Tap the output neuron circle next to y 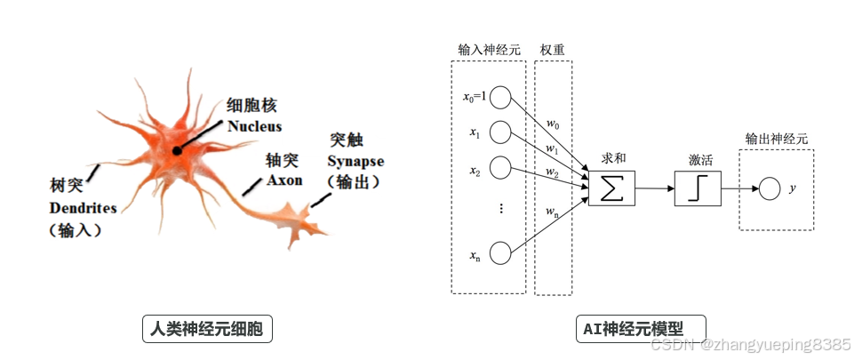tap(770, 188)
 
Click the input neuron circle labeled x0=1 tap(500, 97)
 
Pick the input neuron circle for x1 tap(500, 132)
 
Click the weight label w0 tap(552, 123)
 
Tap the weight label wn tap(552, 211)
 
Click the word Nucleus tap(254, 127)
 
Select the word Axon tap(284, 180)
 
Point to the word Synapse tap(355, 162)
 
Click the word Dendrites tap(83, 208)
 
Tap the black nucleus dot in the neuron tap(178, 151)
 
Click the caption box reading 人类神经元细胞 tap(207, 330)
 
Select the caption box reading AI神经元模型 tap(641, 329)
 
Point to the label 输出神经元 tap(776, 139)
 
